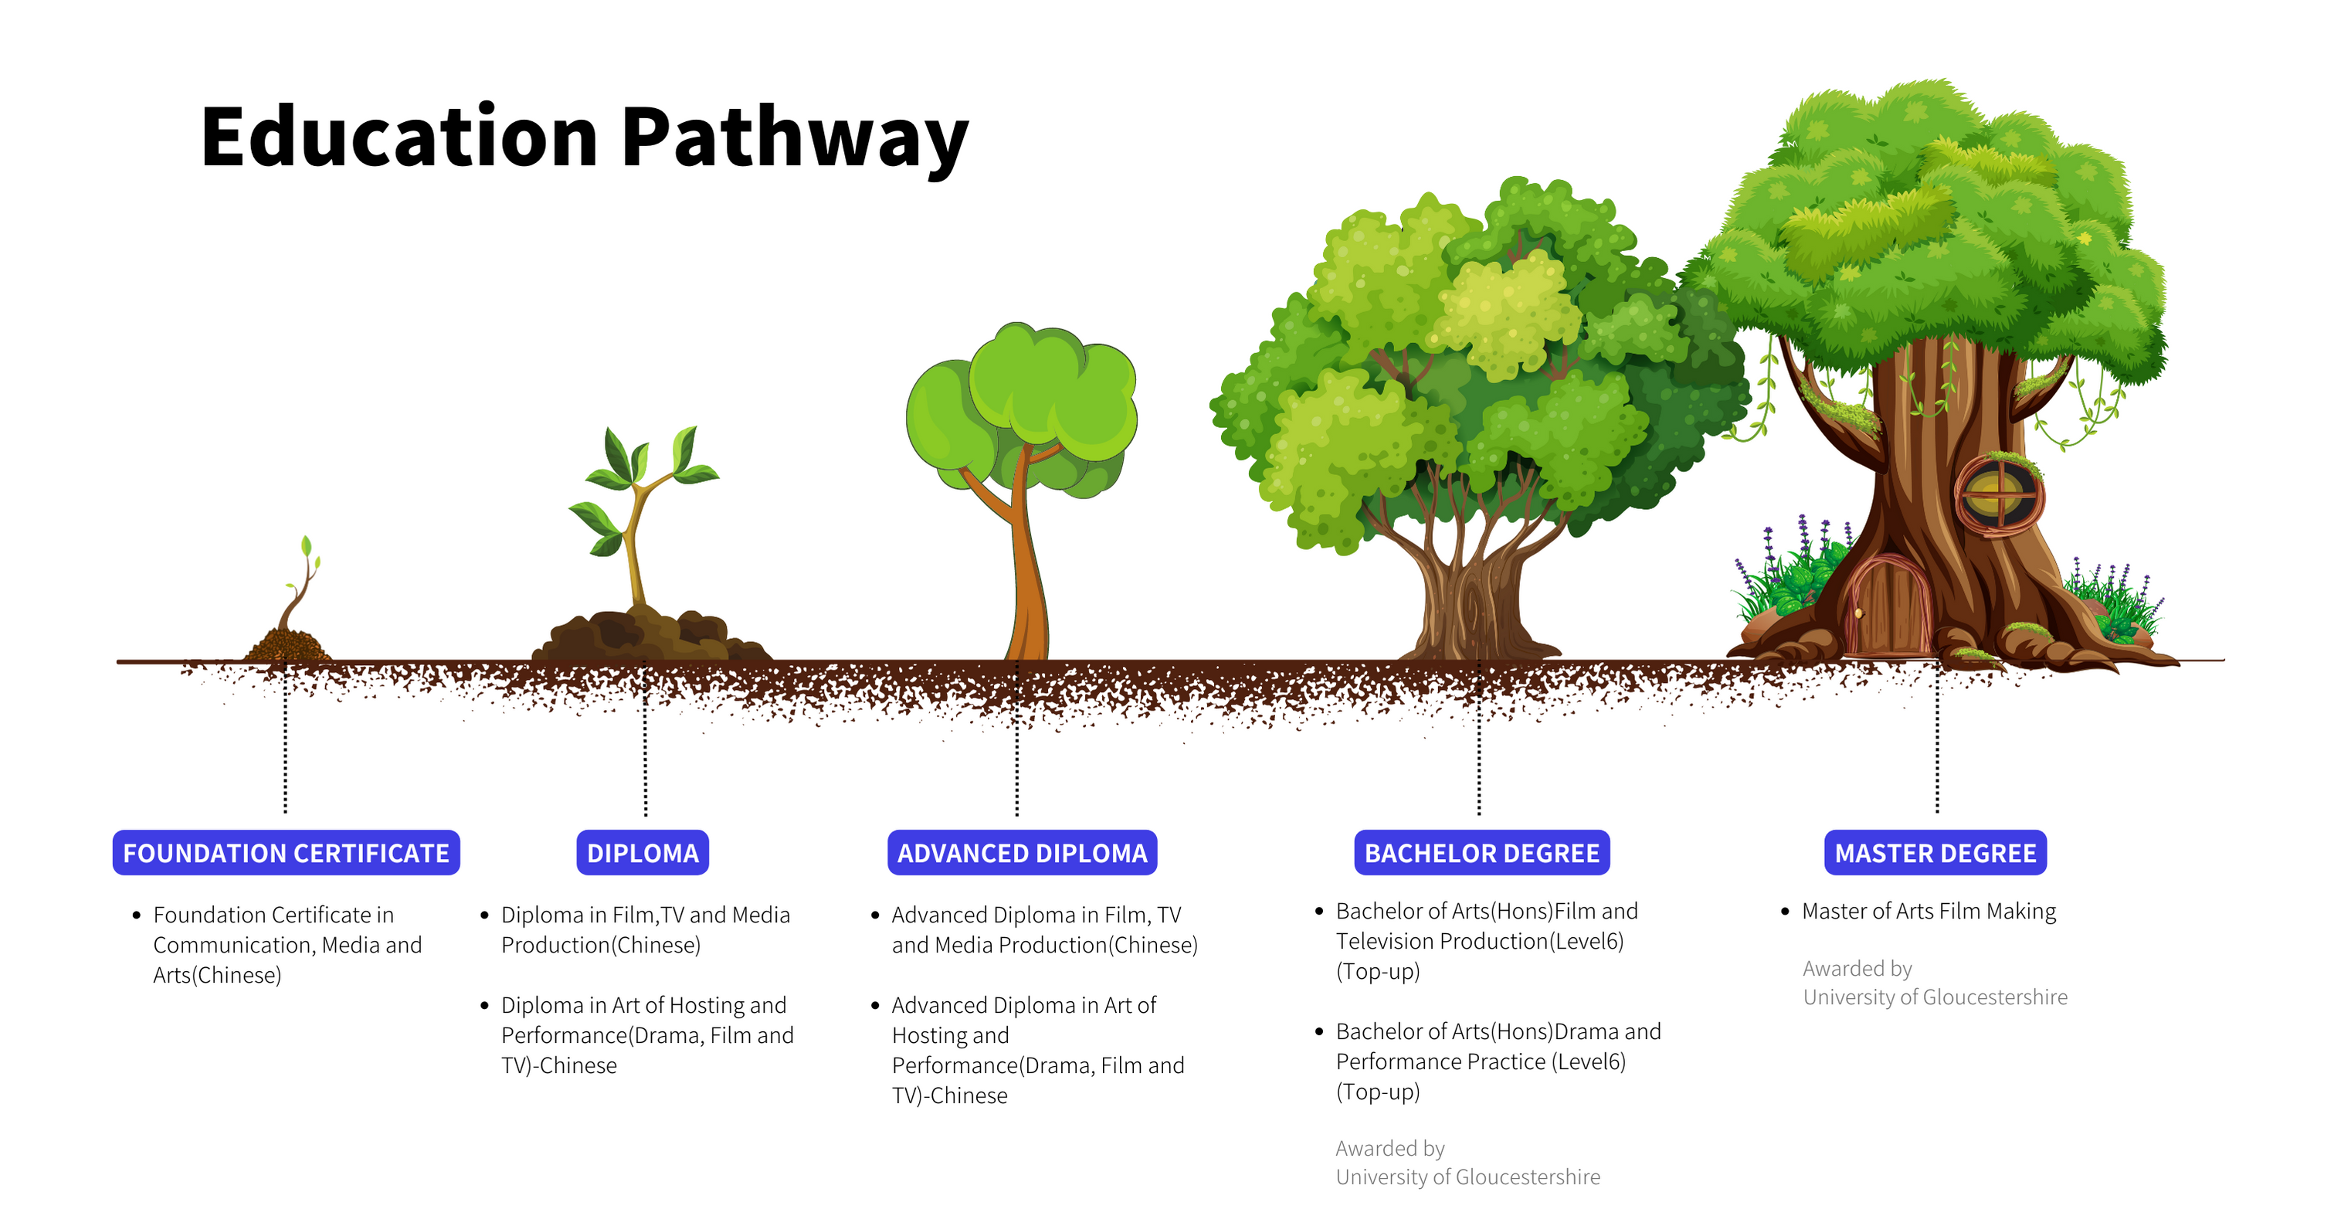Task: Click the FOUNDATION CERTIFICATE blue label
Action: [x=286, y=853]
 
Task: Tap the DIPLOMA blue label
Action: [x=643, y=853]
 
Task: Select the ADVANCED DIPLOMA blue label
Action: [x=1022, y=853]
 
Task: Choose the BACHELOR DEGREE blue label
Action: [x=1481, y=853]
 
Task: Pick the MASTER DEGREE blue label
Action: [x=1935, y=853]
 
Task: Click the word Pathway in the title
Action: [x=795, y=138]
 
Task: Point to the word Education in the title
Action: [x=399, y=138]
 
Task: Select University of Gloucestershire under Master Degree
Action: [x=1935, y=997]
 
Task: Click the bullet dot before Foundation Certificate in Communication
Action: [x=137, y=915]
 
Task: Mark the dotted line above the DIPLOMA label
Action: [x=645, y=743]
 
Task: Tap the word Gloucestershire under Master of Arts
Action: [x=1994, y=997]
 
